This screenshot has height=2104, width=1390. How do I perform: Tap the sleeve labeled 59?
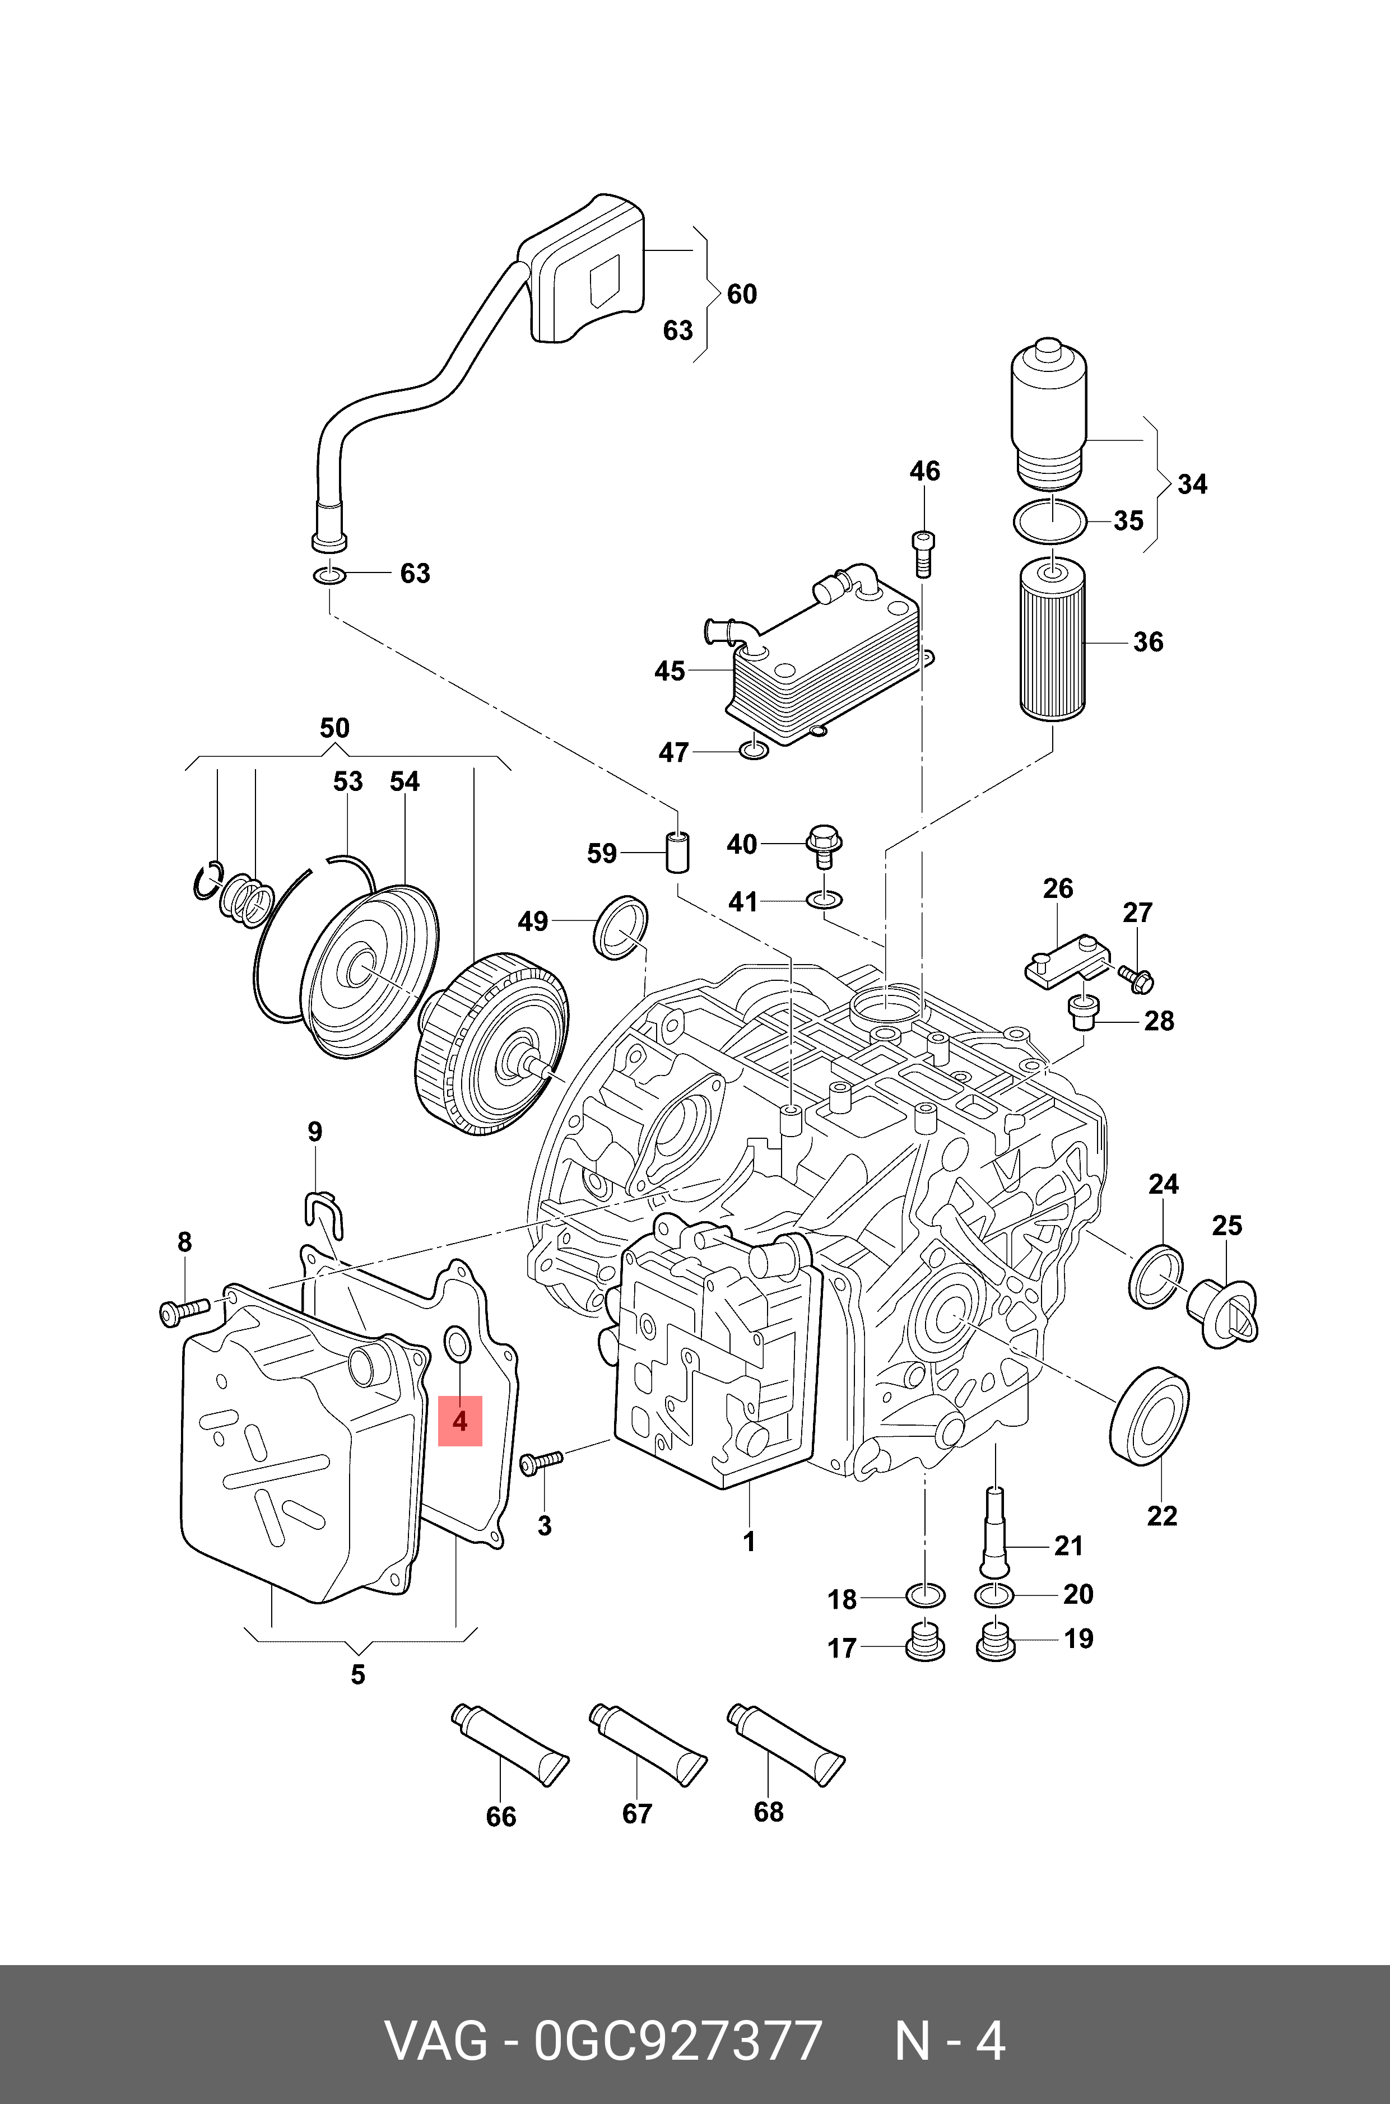coord(679,851)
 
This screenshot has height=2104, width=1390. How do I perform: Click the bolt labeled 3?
coord(541,1461)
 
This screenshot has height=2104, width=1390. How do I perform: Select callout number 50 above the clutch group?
coord(334,729)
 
